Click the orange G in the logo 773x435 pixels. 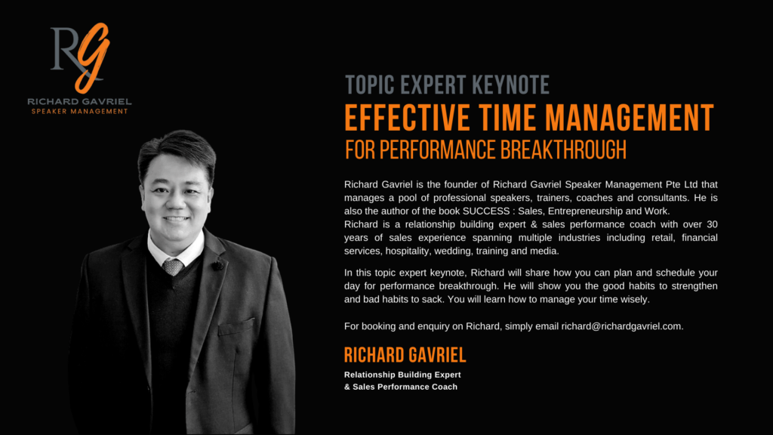[93, 57]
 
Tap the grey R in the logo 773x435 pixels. [64, 48]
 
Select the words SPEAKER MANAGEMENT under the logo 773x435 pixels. [80, 112]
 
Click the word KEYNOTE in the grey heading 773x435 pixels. [510, 85]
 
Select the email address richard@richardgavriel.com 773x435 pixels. [622, 326]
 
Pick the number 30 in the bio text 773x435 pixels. [712, 224]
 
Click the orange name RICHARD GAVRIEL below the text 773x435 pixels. [405, 355]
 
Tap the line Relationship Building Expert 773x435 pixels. [402, 375]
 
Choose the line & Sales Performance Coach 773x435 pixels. [401, 387]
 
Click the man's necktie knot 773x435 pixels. [173, 267]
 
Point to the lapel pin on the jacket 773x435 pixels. [217, 266]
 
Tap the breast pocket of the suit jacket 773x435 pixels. [236, 326]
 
